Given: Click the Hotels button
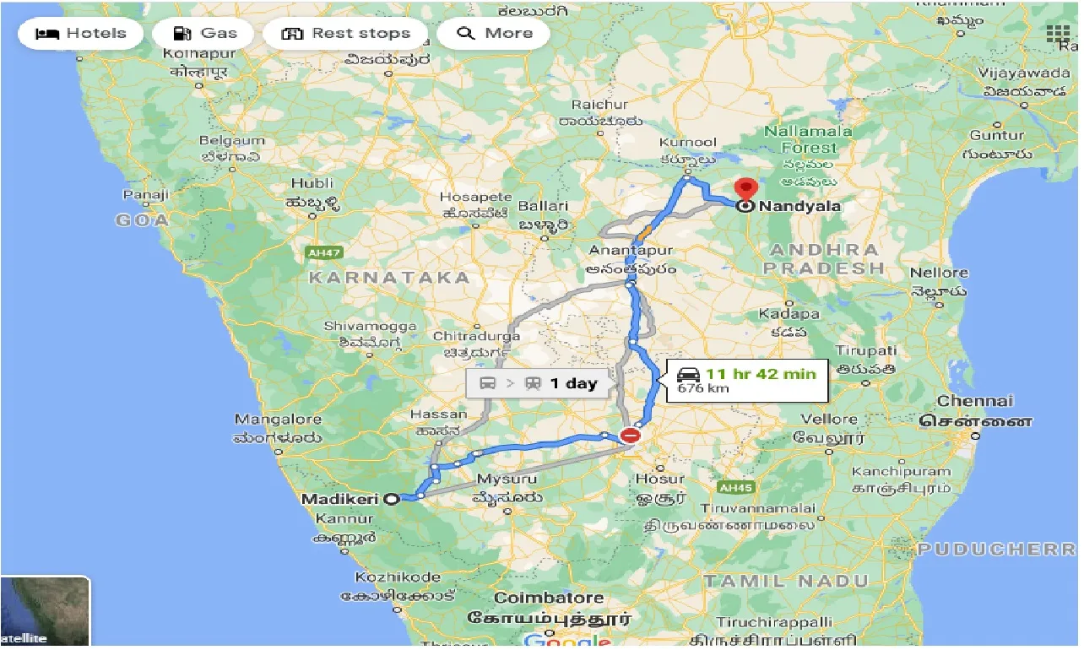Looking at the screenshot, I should point(81,34).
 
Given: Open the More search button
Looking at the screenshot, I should point(494,34).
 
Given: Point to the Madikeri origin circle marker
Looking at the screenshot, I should point(392,499).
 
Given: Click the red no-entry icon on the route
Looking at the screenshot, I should point(630,436).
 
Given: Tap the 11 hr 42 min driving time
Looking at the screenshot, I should point(761,373).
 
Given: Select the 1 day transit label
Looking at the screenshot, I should point(573,383).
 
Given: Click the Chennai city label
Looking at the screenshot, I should point(974,402).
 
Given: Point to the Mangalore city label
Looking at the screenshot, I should point(278,420).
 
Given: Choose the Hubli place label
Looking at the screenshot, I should point(312,183).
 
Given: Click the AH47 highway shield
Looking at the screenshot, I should point(318,252).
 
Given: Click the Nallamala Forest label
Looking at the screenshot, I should point(808,139).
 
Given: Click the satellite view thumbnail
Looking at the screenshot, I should point(45,612).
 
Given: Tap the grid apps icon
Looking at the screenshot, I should point(1058,34).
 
